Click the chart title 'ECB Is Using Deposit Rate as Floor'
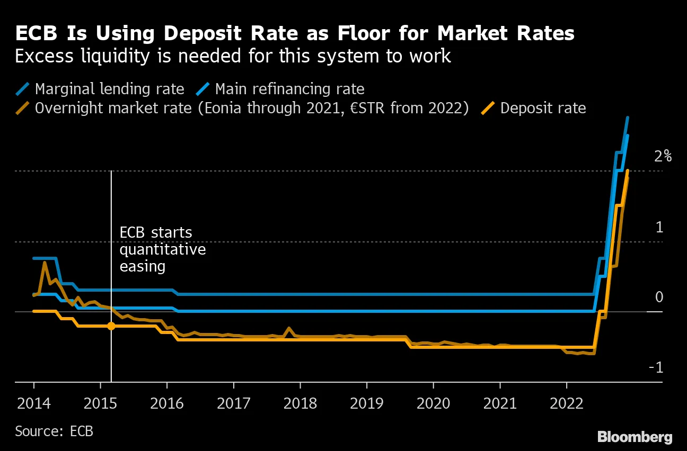coord(295,34)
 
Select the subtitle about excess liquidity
coord(233,56)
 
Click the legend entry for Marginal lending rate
coord(109,89)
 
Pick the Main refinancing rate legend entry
coord(289,89)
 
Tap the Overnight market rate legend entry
coord(251,109)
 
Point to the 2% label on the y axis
coord(662,157)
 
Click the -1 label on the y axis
coord(656,367)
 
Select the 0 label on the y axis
coord(659,297)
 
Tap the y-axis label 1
coord(659,228)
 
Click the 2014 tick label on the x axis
coord(34,404)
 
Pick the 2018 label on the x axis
coord(300,404)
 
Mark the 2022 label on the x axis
coord(566,404)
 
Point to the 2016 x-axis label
coord(167,404)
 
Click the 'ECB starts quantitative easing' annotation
coord(162,249)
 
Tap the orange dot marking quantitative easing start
coord(111,326)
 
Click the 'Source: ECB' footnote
coord(54,431)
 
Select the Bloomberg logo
coord(635,437)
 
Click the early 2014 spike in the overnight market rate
coord(45,262)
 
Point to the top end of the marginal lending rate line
coord(628,118)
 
